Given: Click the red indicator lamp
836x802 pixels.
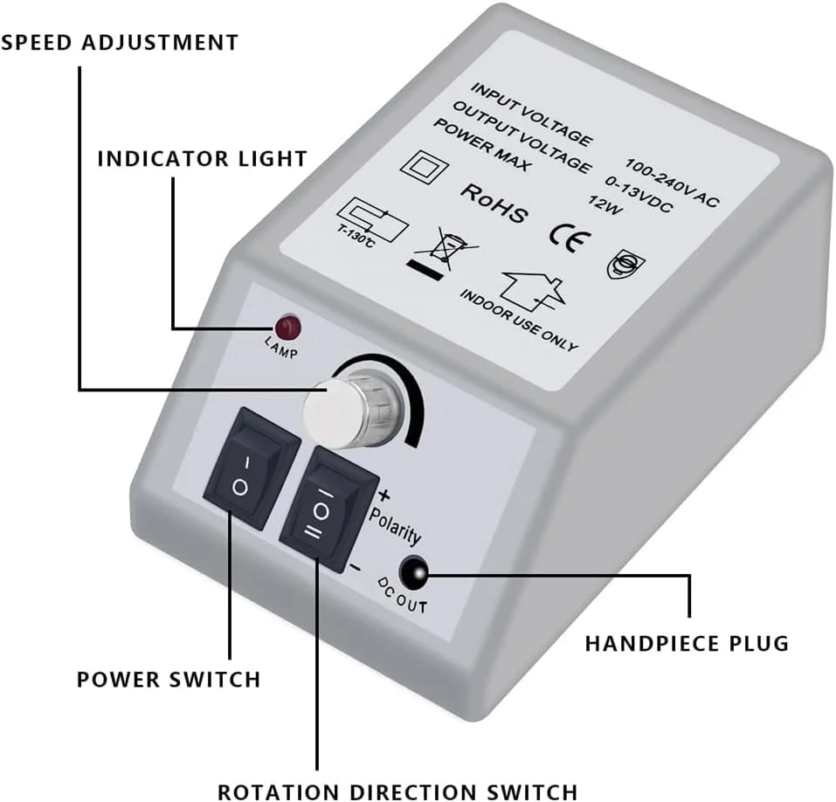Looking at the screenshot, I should coord(287,329).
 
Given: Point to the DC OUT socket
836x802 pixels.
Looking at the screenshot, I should coord(412,572).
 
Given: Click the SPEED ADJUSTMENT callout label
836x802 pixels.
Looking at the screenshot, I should coord(120,42).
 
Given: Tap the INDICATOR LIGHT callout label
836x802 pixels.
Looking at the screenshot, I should coord(202,159).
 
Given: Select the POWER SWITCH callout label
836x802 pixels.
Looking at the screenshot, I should coord(169,679).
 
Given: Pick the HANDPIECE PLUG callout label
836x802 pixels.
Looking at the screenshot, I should coord(687,644).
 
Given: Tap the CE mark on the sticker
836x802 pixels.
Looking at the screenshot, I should coord(563,236).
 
